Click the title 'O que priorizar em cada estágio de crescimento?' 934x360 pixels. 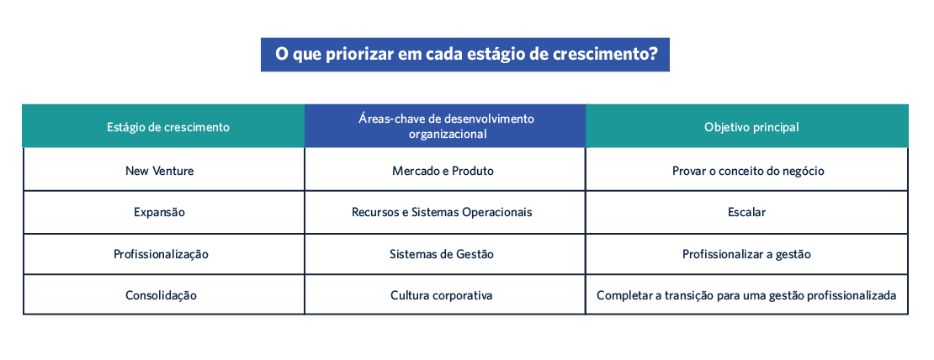[x=466, y=55]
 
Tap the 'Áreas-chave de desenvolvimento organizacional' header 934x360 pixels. [x=445, y=126]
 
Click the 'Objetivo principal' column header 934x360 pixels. [x=747, y=126]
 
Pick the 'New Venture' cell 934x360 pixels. [x=160, y=171]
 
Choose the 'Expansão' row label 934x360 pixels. [x=159, y=213]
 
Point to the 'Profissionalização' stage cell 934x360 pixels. [x=161, y=255]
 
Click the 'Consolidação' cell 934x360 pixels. [x=161, y=295]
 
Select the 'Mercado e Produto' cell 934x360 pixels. [x=443, y=171]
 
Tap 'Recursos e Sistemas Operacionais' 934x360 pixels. [x=442, y=213]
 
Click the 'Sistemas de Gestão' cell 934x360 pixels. [x=442, y=255]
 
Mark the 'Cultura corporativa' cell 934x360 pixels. [x=442, y=295]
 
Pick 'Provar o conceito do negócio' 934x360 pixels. [x=747, y=171]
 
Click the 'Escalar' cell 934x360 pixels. [x=747, y=213]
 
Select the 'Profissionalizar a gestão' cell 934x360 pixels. [x=747, y=255]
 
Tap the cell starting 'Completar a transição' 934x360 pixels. [x=747, y=295]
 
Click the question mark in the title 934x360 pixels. [x=654, y=54]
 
